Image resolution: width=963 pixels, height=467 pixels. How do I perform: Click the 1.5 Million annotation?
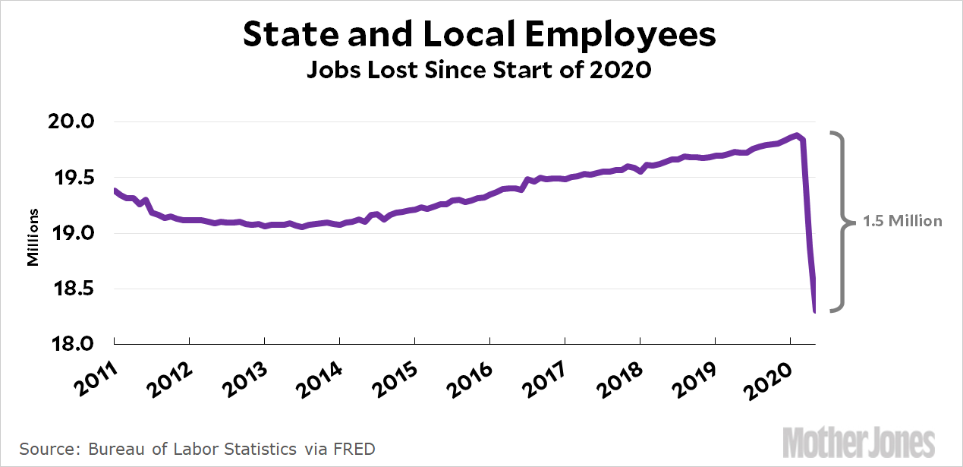pyautogui.click(x=902, y=222)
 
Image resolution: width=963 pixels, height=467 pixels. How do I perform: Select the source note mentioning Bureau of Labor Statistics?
pyautogui.click(x=197, y=449)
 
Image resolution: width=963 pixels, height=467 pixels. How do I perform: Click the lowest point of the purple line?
pyautogui.click(x=815, y=311)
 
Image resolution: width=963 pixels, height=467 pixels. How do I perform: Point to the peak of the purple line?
pyautogui.click(x=796, y=135)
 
